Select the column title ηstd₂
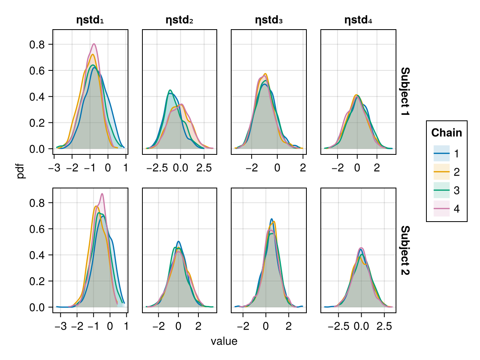click(x=180, y=20)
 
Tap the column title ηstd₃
click(x=269, y=20)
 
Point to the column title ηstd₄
click(x=358, y=20)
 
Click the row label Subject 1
click(x=405, y=92)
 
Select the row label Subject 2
click(x=405, y=250)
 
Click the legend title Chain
click(x=446, y=133)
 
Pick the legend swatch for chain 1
click(x=442, y=154)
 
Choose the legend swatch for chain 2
click(x=442, y=172)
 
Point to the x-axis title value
click(x=224, y=342)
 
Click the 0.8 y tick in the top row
click(x=38, y=44)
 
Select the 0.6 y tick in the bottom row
click(x=38, y=229)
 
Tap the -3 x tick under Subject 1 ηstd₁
click(x=54, y=168)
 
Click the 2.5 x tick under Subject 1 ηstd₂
click(x=204, y=168)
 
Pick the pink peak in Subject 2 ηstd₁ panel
click(x=102, y=194)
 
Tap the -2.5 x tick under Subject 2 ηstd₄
click(x=338, y=326)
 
